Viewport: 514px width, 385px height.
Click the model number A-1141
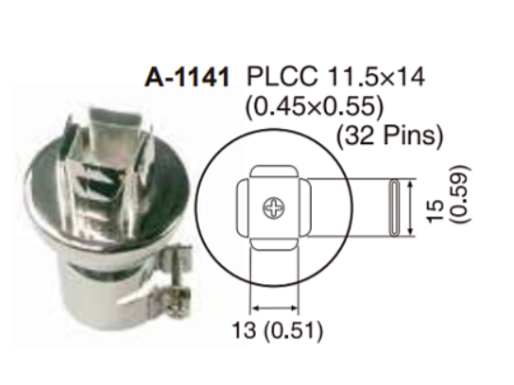[x=187, y=78]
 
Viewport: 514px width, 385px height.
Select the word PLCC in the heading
[x=282, y=77]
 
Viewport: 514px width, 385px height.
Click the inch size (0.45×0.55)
[x=314, y=107]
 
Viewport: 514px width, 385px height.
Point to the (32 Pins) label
[x=390, y=135]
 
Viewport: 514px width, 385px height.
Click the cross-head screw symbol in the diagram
[x=274, y=207]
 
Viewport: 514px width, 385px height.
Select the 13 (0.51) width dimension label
[x=277, y=330]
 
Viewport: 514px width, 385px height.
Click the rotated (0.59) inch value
[x=460, y=194]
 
